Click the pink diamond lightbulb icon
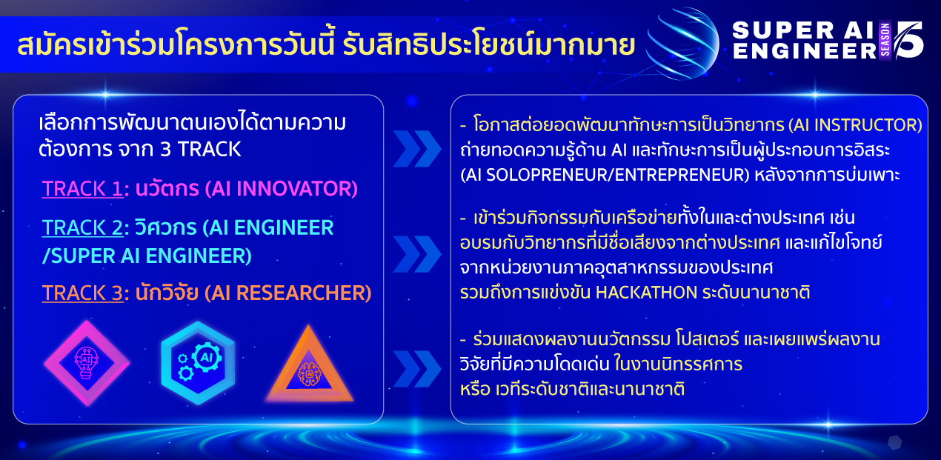point(87,363)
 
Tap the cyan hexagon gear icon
point(198,363)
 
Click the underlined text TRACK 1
point(82,188)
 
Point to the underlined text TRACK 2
point(83,227)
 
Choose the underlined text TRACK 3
point(83,293)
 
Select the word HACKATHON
point(646,293)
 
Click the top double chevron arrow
point(416,149)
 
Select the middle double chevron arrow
point(416,254)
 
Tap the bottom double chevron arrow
point(416,368)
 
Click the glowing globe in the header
point(682,44)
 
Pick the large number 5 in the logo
point(908,39)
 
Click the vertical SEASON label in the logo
point(885,40)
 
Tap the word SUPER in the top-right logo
point(783,30)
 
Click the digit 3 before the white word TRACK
point(165,150)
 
